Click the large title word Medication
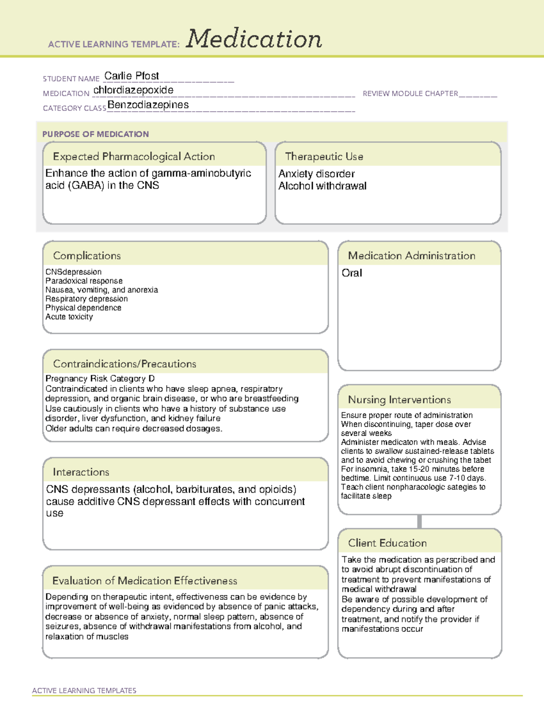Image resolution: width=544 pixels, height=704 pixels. coord(254,39)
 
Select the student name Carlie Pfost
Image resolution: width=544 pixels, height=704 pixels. coord(131,76)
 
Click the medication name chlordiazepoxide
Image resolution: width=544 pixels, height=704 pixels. coord(133,90)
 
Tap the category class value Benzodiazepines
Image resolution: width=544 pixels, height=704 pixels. coord(148,105)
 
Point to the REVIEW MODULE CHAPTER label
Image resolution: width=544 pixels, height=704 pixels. coord(410,93)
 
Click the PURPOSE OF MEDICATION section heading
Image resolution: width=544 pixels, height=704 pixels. coord(95,134)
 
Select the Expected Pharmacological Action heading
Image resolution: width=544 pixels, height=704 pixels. coord(134,156)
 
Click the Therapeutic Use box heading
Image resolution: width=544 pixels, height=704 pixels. coord(324,156)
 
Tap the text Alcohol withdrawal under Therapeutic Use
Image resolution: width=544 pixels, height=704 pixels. coord(322,186)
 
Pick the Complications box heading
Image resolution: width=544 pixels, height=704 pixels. coord(87,256)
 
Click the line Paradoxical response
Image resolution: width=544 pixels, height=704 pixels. coord(84,281)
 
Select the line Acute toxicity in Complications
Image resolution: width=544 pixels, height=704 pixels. coord(69,317)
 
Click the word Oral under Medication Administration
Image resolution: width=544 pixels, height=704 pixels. coord(352,273)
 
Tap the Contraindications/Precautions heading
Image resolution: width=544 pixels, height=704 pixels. coord(124,364)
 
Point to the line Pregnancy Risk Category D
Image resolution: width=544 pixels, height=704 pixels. coord(100,379)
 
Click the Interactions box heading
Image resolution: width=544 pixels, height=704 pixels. coord(81,472)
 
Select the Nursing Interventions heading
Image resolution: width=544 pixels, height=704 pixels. coord(399,400)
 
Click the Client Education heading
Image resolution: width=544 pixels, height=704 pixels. coord(387,543)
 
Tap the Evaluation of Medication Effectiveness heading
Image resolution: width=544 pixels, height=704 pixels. coord(145,581)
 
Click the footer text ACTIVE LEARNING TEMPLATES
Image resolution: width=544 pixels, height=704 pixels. coord(84,690)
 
